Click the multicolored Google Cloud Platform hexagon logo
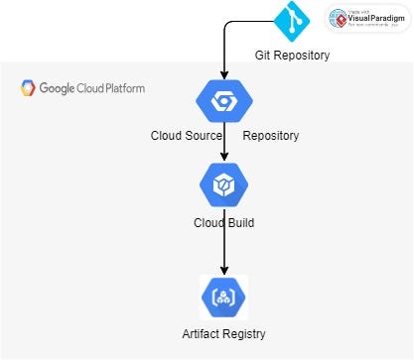click(29, 88)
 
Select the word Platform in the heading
click(122, 88)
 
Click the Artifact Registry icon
click(223, 297)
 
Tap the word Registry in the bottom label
click(245, 333)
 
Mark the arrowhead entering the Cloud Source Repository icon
click(224, 74)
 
